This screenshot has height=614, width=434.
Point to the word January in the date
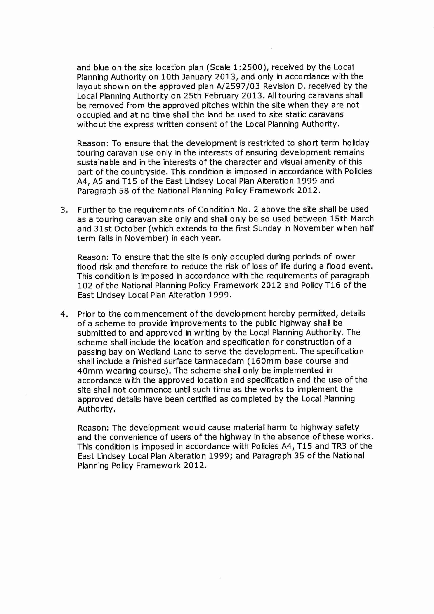(x=197, y=77)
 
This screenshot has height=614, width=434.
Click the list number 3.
(x=64, y=210)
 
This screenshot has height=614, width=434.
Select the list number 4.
(x=64, y=314)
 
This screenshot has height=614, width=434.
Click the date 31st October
(x=116, y=229)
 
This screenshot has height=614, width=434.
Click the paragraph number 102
(x=85, y=286)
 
